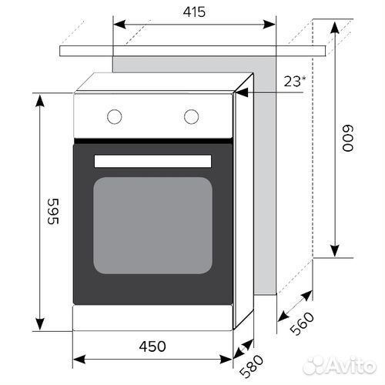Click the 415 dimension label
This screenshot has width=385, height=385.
coord(195,12)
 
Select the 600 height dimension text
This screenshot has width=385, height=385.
coord(349,139)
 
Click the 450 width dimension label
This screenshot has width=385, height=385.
coord(152,346)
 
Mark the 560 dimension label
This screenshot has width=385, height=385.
coord(305,321)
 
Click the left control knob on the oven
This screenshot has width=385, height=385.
coord(114,116)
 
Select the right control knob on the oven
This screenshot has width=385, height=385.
coord(191,116)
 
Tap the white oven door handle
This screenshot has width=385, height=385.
coord(152,160)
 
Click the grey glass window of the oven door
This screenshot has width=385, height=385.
coord(152,225)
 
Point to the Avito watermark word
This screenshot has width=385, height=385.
coord(351,364)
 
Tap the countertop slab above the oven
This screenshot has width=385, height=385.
coord(192,50)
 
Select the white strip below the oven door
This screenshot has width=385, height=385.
coord(152,316)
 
